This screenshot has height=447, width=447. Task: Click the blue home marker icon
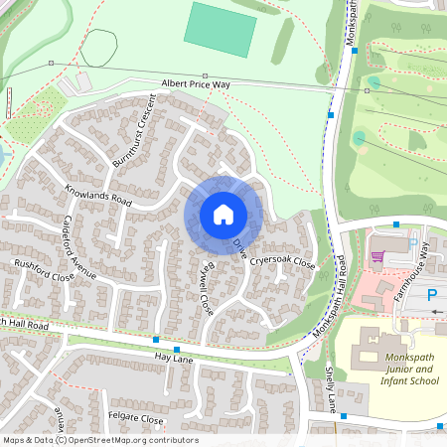(x=223, y=215)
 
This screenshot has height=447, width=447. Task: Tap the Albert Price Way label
(x=196, y=85)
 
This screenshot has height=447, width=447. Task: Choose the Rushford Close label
(x=44, y=271)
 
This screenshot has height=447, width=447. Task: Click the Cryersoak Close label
(x=282, y=262)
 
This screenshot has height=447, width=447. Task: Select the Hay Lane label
(x=144, y=356)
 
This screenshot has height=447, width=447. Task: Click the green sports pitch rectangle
(x=220, y=30)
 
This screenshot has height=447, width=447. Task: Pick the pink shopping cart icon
(x=376, y=256)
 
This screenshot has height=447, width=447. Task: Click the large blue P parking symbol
(x=433, y=294)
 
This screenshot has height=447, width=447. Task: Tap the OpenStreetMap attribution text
(x=99, y=440)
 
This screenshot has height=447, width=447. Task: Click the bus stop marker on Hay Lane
(x=176, y=350)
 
